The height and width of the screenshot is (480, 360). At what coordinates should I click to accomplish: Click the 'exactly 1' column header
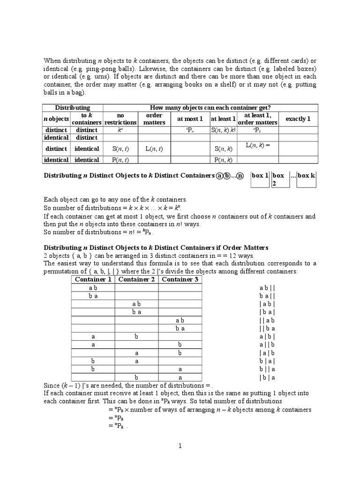(x=298, y=119)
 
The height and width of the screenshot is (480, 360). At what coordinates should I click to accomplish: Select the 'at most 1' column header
(x=190, y=119)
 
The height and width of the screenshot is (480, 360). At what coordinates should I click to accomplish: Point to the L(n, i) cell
(x=154, y=149)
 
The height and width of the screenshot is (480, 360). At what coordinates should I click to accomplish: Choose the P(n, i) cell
(x=120, y=160)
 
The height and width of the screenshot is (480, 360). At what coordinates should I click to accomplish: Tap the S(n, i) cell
(x=120, y=149)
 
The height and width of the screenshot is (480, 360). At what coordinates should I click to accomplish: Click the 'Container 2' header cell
(x=136, y=280)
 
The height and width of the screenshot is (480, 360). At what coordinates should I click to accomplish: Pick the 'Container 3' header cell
(x=180, y=280)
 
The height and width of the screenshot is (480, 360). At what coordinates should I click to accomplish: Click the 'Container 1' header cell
(x=93, y=280)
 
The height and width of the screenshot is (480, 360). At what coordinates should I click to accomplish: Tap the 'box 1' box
(x=260, y=176)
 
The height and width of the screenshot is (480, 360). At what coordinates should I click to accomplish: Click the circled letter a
(x=219, y=176)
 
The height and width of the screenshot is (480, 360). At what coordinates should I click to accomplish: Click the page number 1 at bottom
(x=180, y=446)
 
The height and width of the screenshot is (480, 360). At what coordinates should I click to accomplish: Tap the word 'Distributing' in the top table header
(x=73, y=108)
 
